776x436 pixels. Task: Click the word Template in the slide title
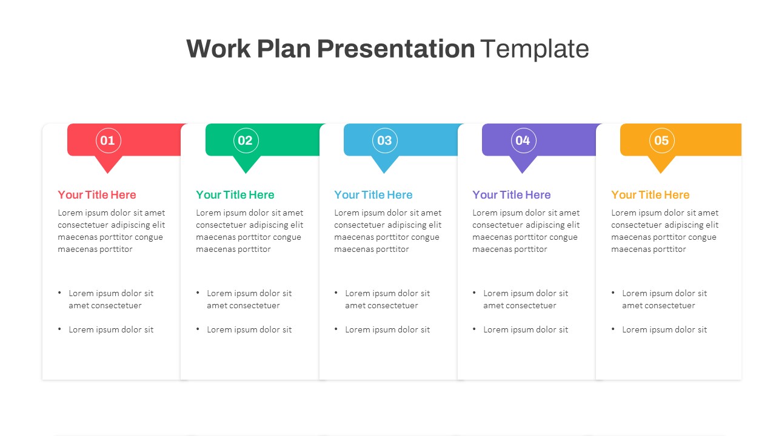coord(535,48)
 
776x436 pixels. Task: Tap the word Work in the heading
coord(218,48)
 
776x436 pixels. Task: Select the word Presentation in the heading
coord(396,48)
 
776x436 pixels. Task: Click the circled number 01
coord(108,140)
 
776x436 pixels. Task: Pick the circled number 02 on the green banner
coord(246,140)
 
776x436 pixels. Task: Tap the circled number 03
coord(384,140)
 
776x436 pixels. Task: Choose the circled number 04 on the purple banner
coord(523,140)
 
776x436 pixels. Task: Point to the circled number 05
coord(661,140)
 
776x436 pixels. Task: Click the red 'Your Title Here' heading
coord(97,195)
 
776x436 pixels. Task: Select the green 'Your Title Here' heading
coord(235,195)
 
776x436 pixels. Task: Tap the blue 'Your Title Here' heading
coord(373,195)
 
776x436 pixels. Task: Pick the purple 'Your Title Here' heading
coord(512,195)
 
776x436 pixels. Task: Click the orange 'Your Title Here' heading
coord(651,195)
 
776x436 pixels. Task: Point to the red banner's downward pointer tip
coord(108,173)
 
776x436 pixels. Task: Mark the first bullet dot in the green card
coord(198,292)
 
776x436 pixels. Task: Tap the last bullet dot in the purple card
coord(474,329)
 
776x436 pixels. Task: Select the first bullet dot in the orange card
coord(613,292)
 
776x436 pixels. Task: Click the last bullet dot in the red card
coord(59,329)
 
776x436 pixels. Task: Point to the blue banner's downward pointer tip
coord(384,173)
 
